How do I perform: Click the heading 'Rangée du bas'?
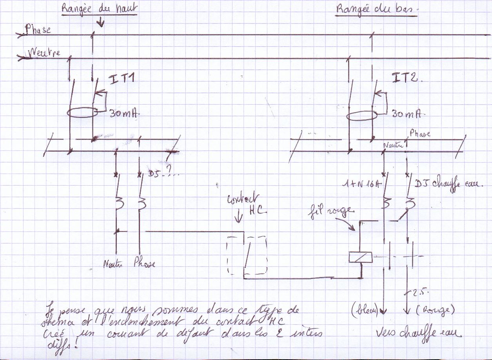click(376, 10)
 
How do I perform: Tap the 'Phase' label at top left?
click(38, 29)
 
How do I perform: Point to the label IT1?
click(122, 80)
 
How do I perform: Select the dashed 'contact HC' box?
click(247, 255)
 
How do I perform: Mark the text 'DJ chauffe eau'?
click(449, 184)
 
